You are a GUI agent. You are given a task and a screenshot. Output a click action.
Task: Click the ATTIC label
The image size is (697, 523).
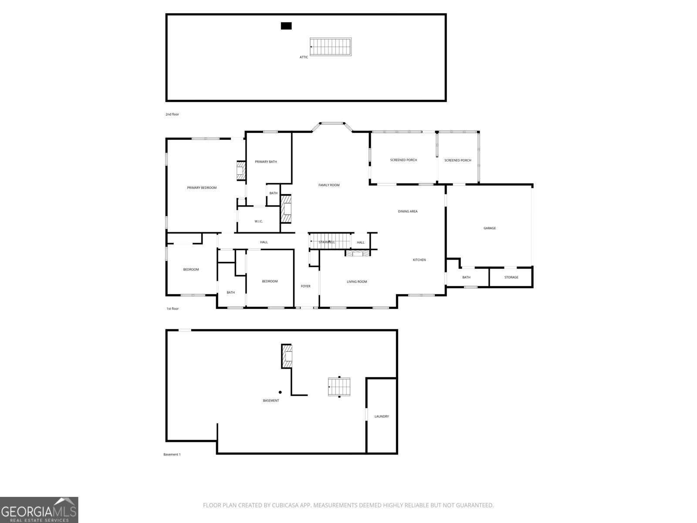pyautogui.click(x=304, y=57)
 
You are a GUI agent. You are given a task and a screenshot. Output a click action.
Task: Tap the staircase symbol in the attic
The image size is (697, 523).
pyautogui.click(x=331, y=47)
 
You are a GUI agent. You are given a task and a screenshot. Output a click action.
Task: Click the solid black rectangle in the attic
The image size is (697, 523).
pyautogui.click(x=286, y=26)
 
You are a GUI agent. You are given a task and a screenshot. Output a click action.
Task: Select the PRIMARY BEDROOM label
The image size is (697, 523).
pyautogui.click(x=202, y=188)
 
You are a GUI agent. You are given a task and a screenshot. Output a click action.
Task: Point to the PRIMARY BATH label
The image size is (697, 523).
pyautogui.click(x=266, y=162)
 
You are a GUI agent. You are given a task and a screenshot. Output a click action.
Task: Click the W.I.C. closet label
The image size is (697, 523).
pyautogui.click(x=258, y=221)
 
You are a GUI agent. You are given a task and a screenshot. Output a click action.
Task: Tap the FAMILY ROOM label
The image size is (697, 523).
pyautogui.click(x=329, y=185)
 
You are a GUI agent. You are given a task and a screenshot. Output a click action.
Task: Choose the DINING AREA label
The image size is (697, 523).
pyautogui.click(x=408, y=211)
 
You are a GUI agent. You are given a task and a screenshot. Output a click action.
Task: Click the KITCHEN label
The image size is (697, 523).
pyautogui.click(x=419, y=260)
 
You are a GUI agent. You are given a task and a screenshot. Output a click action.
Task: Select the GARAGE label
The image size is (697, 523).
pyautogui.click(x=489, y=228)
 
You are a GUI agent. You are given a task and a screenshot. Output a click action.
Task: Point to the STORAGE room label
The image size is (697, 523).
pyautogui.click(x=511, y=277)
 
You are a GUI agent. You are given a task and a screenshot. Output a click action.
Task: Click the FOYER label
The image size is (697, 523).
pyautogui.click(x=305, y=286)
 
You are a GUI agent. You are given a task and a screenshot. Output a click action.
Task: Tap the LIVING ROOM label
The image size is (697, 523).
pyautogui.click(x=357, y=282)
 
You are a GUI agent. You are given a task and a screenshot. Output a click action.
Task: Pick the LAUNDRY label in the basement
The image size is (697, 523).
pyautogui.click(x=381, y=416)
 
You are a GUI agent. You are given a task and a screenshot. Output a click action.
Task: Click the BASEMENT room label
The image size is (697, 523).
pyautogui.click(x=271, y=401)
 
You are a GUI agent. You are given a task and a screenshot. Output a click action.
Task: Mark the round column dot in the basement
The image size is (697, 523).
pyautogui.click(x=280, y=392)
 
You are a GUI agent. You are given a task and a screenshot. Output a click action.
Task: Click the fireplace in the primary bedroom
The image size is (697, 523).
pyautogui.click(x=241, y=171)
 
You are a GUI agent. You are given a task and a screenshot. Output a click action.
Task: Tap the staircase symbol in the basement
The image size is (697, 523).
pyautogui.click(x=339, y=387)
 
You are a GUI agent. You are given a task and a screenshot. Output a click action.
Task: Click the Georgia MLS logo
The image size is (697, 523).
pyautogui.click(x=39, y=510)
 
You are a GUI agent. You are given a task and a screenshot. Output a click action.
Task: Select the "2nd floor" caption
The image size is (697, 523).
pyautogui.click(x=172, y=114)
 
